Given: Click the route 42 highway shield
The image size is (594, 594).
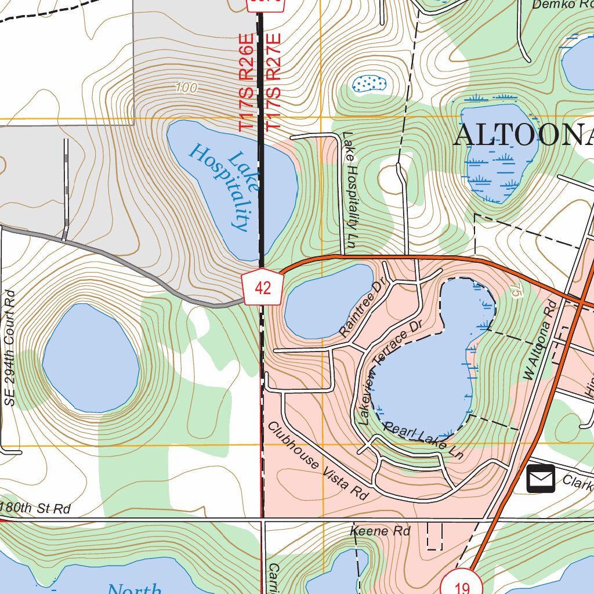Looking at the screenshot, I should point(263,287).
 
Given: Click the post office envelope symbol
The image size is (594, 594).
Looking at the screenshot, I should point(541,479).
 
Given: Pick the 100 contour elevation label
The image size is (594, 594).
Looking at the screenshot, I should point(186,88).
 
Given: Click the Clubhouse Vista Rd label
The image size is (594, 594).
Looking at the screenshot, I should point(318,461).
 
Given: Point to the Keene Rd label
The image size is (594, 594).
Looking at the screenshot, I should point(381,531).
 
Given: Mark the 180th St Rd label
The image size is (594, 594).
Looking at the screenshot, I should point(36,509).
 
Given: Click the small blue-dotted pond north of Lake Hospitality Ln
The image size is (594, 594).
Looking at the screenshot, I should point(369,84).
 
